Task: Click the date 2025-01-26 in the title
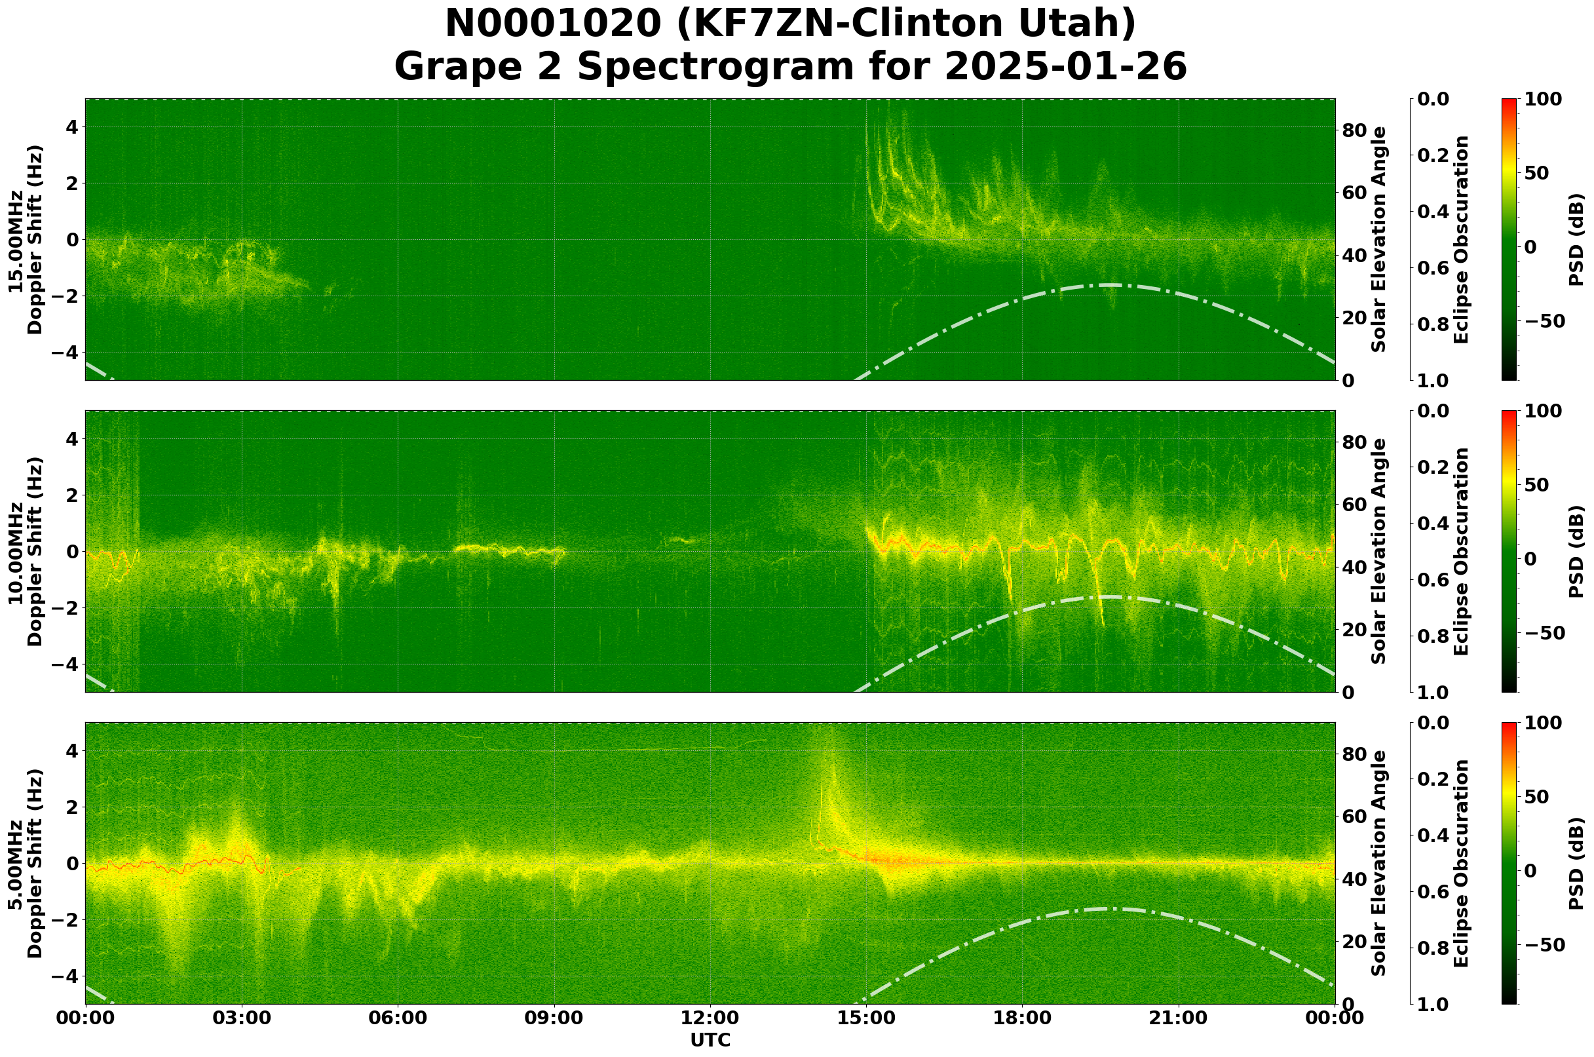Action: (x=1065, y=67)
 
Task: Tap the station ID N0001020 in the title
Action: (x=554, y=24)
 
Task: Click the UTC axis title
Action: (x=710, y=1040)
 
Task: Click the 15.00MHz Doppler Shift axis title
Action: (x=25, y=239)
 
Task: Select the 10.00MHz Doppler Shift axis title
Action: (x=25, y=551)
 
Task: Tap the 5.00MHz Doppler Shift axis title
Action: (x=25, y=864)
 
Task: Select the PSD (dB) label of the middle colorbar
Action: (x=1576, y=551)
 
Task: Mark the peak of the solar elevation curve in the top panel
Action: (x=1109, y=285)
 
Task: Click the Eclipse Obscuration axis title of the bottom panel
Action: (x=1460, y=864)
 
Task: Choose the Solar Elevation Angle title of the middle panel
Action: (x=1379, y=551)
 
